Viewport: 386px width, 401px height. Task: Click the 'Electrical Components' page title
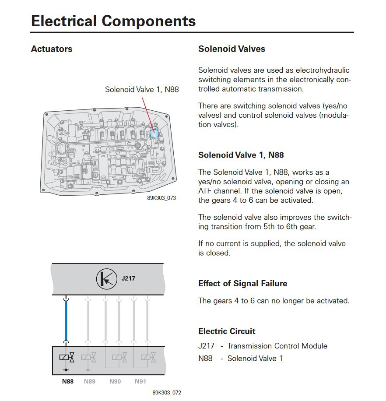point(113,21)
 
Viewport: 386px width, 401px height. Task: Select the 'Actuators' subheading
point(52,49)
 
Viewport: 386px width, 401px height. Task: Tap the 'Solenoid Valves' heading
point(232,49)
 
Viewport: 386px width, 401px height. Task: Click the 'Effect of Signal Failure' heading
point(242,283)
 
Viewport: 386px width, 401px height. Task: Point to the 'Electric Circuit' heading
point(227,331)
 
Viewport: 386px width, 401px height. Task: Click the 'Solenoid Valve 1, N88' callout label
point(142,89)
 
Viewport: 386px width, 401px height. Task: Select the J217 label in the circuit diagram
point(128,278)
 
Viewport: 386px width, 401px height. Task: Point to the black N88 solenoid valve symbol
point(67,358)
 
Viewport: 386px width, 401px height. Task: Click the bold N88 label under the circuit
point(67,381)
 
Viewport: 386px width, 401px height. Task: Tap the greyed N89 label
point(89,381)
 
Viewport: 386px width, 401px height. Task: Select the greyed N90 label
point(115,381)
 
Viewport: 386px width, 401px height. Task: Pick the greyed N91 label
point(140,381)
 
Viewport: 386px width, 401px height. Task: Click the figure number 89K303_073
point(161,198)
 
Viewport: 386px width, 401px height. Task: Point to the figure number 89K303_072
point(167,393)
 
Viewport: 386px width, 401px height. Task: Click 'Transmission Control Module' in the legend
point(277,346)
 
